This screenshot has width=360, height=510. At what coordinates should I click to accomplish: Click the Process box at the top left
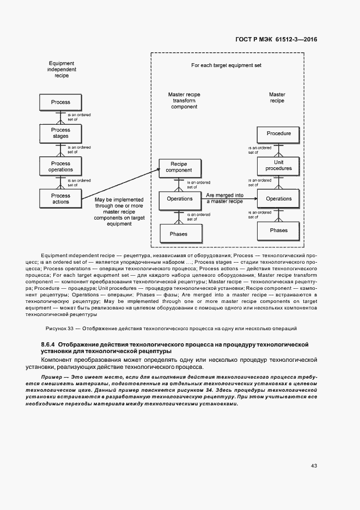tap(60, 102)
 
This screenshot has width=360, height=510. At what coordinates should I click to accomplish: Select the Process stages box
tap(60, 133)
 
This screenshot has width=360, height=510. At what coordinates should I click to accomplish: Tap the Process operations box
tap(60, 166)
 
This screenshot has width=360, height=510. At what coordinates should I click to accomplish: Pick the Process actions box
tap(60, 198)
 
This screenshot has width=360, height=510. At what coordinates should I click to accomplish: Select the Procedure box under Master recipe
tap(278, 133)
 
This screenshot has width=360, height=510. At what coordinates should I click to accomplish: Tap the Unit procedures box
tap(278, 166)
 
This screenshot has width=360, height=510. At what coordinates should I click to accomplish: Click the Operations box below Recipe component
tap(179, 199)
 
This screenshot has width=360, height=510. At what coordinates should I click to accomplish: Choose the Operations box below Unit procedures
tap(278, 199)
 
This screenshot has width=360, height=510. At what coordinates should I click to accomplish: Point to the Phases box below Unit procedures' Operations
tap(278, 230)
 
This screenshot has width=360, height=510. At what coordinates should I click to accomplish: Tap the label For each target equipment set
tap(226, 65)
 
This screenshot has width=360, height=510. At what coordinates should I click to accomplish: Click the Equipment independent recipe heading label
tap(62, 70)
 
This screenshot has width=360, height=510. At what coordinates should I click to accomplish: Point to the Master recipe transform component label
tap(184, 101)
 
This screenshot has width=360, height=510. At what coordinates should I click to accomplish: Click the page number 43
tap(314, 465)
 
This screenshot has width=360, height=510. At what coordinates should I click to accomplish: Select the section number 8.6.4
tap(48, 345)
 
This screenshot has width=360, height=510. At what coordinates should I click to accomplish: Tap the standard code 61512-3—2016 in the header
tap(295, 40)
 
